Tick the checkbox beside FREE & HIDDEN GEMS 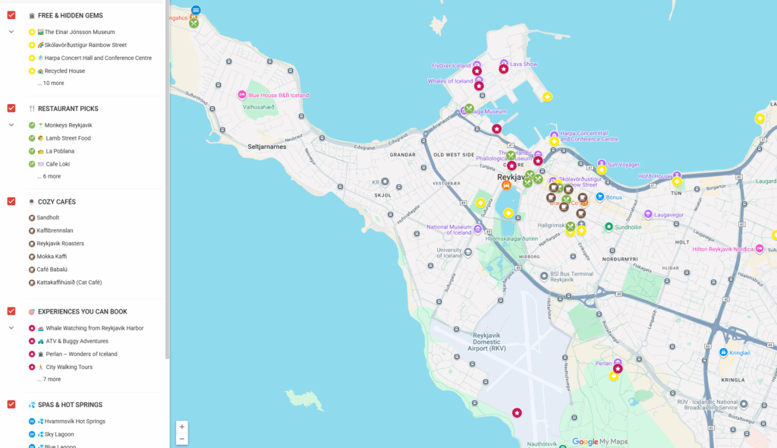click(x=11, y=15)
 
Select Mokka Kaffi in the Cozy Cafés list click(x=52, y=257)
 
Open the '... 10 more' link click(x=50, y=84)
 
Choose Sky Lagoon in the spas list click(x=59, y=434)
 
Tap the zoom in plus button click(x=182, y=427)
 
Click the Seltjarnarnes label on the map click(x=266, y=147)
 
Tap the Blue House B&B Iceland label click(x=278, y=96)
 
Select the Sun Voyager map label click(x=624, y=164)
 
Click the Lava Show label click(x=524, y=65)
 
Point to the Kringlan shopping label click(x=739, y=353)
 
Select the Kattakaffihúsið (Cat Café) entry click(x=69, y=282)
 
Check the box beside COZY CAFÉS click(x=11, y=201)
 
